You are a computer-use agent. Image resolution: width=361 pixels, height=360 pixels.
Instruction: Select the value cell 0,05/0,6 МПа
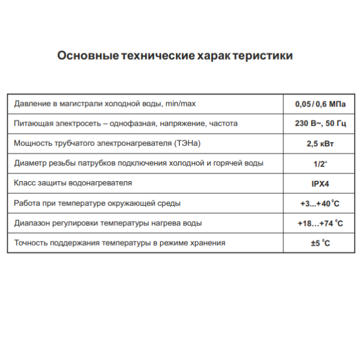[320, 104]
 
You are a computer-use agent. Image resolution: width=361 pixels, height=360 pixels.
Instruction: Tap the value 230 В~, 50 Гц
[320, 124]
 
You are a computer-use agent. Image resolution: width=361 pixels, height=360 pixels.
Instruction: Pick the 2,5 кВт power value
[320, 144]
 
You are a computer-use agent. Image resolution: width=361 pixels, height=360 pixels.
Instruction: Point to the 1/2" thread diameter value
[320, 164]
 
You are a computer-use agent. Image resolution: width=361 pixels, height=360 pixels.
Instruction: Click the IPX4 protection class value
[320, 184]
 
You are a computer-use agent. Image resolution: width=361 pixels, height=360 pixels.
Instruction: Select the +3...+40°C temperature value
[320, 203]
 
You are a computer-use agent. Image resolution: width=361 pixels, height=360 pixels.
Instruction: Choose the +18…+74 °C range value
[320, 223]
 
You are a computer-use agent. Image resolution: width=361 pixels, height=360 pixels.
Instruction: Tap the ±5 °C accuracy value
[320, 243]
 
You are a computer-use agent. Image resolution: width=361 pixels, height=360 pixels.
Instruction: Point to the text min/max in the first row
[179, 104]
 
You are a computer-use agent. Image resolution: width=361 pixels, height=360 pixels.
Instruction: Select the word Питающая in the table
[32, 124]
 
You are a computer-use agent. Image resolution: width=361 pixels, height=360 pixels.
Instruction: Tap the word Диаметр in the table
[29, 163]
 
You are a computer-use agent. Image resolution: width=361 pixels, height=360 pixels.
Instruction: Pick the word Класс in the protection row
[24, 183]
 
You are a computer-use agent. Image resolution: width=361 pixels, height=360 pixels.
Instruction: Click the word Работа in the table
[26, 203]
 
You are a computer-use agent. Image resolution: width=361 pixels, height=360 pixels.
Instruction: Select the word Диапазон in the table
[32, 223]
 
